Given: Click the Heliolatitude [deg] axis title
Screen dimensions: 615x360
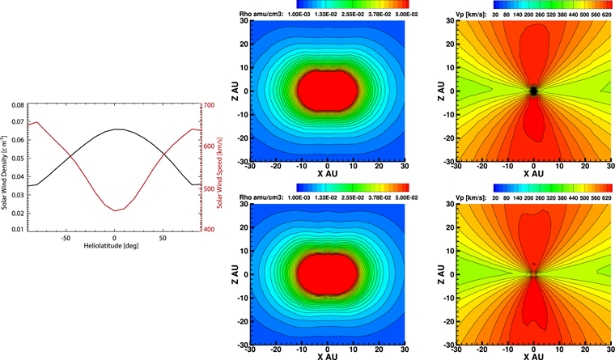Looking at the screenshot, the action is pos(111,246).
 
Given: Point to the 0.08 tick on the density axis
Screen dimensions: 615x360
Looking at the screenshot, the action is pos(18,105).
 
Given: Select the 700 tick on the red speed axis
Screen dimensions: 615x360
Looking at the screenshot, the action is pos(209,105).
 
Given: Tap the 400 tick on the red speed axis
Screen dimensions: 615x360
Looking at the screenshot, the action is pos(209,230).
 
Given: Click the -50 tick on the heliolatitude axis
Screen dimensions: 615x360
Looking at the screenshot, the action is pos(65,238).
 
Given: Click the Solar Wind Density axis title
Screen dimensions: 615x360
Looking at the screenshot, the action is pos(4,172).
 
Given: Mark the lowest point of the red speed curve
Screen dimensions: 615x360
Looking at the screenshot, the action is pos(115,211).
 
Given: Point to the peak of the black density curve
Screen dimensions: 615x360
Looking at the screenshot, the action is pos(116,129).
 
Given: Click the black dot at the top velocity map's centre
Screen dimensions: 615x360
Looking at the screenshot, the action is pos(533,91).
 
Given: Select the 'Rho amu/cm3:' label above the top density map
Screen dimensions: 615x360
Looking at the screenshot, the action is pos(261,14).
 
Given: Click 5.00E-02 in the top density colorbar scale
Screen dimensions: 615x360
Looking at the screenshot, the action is pos(407,14).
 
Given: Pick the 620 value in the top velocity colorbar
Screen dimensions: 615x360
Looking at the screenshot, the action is pos(606,15).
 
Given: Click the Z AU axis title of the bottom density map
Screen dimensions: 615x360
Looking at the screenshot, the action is pos(235,274).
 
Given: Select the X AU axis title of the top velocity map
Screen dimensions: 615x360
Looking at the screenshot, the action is pos(533,173).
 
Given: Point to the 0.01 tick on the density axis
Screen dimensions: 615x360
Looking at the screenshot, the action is pos(18,230).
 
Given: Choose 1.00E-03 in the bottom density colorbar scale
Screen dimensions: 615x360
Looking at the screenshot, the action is pos(299,197).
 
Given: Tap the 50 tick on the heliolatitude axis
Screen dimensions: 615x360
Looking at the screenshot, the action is pos(163,238).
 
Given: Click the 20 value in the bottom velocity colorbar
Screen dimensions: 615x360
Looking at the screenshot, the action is pos(495,198).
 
